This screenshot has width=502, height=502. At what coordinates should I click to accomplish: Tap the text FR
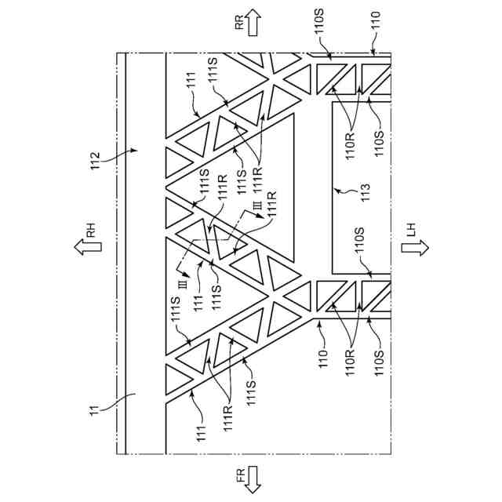coord(240,478)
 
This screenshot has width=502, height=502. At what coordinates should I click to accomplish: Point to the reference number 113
coord(365,191)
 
